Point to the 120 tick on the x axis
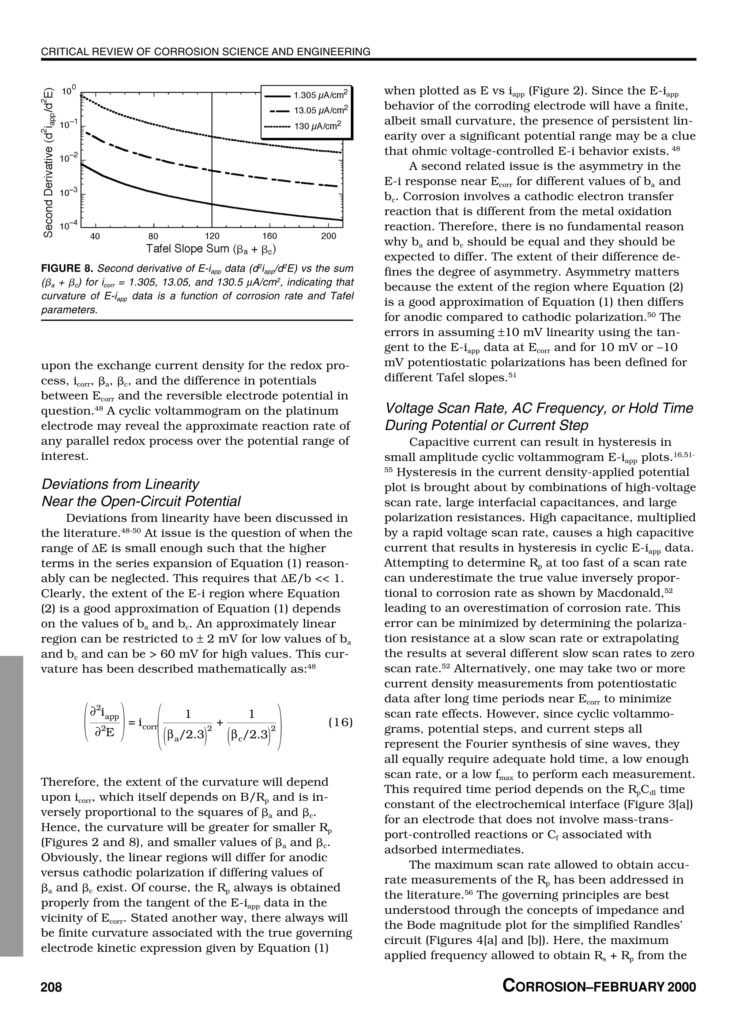point(212,236)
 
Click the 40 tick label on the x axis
point(95,236)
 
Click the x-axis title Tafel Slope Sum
point(211,249)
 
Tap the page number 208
point(51,987)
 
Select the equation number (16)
point(340,722)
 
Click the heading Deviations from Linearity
point(120,485)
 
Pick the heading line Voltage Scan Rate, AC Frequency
point(539,409)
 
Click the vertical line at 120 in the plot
point(212,182)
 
